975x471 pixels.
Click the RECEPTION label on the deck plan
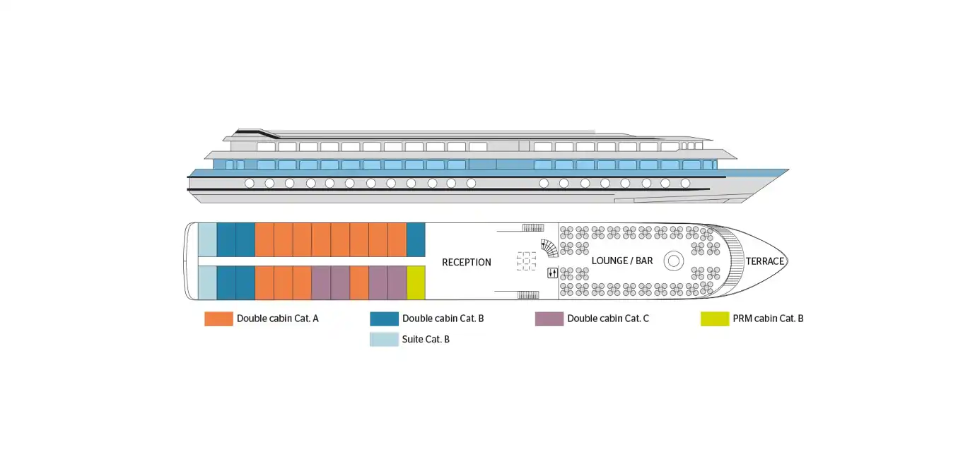point(466,262)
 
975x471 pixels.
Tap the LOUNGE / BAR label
point(622,261)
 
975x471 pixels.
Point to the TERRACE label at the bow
point(765,261)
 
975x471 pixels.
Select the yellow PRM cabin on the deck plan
point(416,282)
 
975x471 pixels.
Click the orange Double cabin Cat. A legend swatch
point(218,318)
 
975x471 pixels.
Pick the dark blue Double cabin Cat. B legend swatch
point(384,318)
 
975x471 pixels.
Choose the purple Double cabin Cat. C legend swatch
point(549,318)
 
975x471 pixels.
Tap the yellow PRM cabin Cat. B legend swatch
point(715,318)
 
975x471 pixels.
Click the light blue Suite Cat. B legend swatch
point(384,339)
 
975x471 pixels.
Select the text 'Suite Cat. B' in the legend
point(426,339)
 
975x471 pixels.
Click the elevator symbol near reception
point(552,273)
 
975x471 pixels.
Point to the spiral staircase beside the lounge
point(549,248)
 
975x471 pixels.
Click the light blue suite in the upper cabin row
point(207,239)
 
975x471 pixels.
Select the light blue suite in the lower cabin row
point(207,282)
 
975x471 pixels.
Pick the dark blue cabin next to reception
point(416,239)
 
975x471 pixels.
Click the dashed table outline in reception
point(526,261)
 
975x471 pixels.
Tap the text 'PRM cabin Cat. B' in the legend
point(769,318)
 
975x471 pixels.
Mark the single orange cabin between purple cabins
point(359,282)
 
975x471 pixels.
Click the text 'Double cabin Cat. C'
point(608,318)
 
